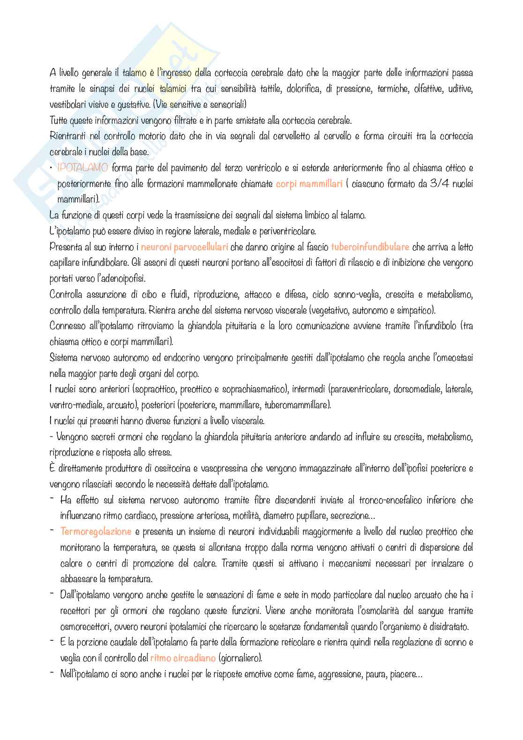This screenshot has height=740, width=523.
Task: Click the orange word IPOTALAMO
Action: tap(83, 168)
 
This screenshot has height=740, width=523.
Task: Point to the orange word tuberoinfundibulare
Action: tap(370, 247)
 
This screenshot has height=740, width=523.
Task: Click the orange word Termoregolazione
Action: tap(96, 531)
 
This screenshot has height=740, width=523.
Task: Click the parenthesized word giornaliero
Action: tap(239, 658)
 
